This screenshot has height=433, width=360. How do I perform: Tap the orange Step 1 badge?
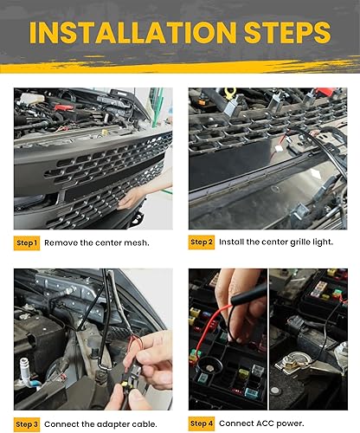click(26, 243)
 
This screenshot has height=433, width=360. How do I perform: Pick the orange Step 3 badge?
click(26, 423)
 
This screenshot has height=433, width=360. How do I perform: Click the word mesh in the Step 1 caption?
click(147, 243)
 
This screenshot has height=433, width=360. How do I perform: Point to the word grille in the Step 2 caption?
click(288, 243)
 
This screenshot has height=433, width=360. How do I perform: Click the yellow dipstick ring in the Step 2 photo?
click(230, 93)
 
